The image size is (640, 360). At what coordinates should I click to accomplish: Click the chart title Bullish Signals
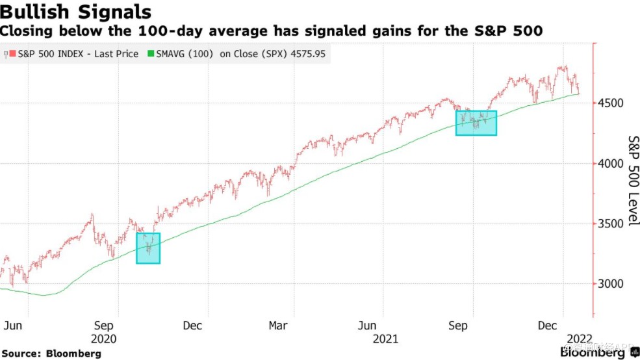[x=76, y=12]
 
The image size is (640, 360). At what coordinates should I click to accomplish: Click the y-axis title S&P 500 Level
[x=633, y=181]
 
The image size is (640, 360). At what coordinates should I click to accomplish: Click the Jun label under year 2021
[x=368, y=326]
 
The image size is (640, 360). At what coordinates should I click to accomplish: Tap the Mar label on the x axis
[x=278, y=326]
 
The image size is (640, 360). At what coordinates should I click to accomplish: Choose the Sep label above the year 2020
[x=103, y=326]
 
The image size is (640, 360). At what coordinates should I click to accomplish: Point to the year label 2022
[x=578, y=339]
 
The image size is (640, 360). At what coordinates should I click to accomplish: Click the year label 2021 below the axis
[x=385, y=339]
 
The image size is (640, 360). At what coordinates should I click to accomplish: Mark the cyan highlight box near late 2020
[x=148, y=248]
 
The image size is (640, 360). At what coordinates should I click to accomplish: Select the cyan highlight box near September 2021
[x=476, y=123]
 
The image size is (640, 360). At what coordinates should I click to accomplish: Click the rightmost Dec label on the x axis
[x=550, y=326]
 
